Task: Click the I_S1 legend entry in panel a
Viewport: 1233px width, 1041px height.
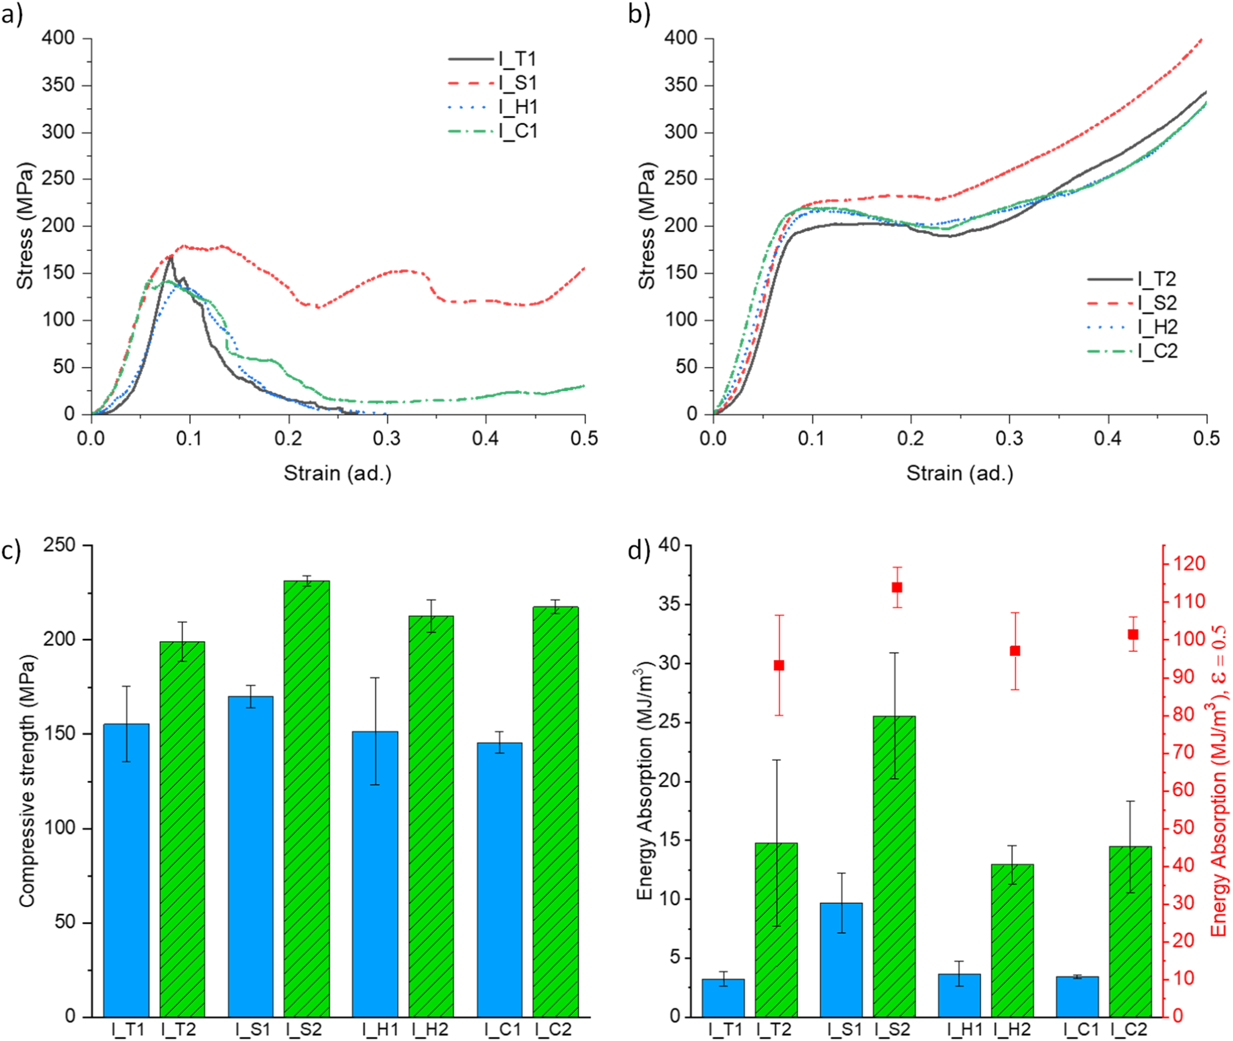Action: [493, 83]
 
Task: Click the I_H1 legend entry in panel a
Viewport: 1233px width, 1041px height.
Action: [493, 107]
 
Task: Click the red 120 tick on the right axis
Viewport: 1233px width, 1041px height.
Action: [1187, 564]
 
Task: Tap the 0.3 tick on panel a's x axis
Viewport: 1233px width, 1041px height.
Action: [387, 439]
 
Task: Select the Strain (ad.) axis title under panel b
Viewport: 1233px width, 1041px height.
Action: [960, 473]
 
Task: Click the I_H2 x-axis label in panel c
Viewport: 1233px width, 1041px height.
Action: [430, 1030]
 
